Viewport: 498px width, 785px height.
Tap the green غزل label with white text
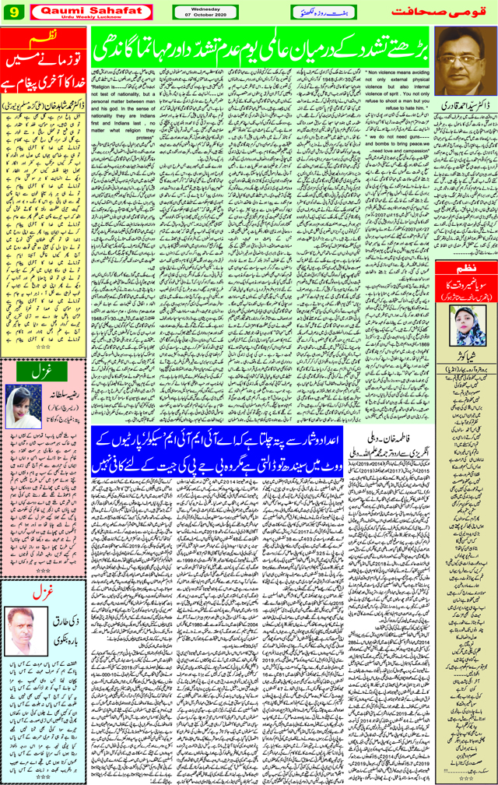[44, 373]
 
